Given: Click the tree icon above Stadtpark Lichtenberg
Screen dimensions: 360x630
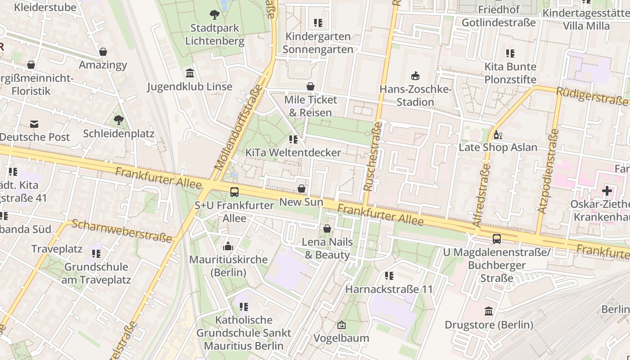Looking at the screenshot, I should tap(215, 14).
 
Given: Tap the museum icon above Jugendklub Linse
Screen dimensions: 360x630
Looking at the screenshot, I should tap(190, 73).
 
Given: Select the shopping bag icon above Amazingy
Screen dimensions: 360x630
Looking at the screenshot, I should tap(103, 52).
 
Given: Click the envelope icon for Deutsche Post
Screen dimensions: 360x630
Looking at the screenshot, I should tap(34, 124).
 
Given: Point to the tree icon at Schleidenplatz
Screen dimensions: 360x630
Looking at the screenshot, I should tap(118, 120).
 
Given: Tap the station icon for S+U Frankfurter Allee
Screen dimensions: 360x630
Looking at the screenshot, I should tap(234, 192).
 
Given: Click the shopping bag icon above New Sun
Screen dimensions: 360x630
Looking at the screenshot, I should tap(301, 189).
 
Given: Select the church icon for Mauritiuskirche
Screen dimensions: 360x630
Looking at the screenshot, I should tap(228, 246).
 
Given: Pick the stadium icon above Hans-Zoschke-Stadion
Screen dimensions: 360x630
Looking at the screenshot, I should tap(415, 76).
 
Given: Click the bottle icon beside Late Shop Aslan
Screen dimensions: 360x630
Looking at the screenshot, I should tap(498, 135).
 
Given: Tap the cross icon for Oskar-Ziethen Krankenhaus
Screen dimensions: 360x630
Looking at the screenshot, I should tap(607, 191).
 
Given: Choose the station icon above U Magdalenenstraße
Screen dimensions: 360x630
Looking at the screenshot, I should tap(497, 239).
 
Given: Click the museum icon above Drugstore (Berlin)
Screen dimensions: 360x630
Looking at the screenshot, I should tap(489, 311).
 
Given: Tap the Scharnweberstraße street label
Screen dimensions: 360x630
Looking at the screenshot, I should tap(122, 231).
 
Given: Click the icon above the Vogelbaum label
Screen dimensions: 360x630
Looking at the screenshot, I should tap(342, 324).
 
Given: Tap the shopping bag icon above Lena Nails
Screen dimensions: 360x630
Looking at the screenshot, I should tap(327, 229).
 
